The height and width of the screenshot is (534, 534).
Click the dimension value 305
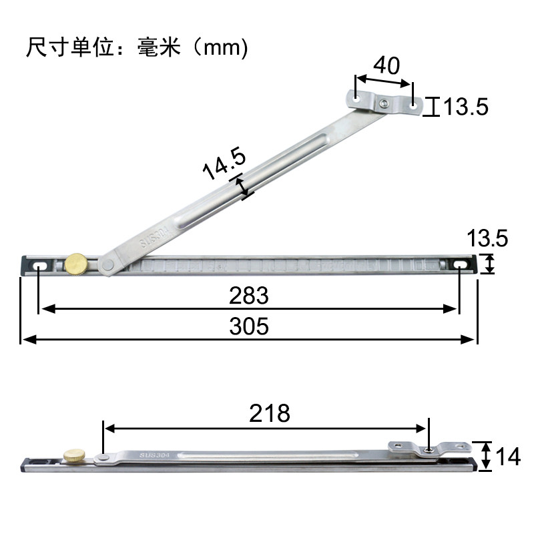pyautogui.click(x=248, y=326)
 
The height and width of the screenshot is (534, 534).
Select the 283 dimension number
pyautogui.click(x=248, y=295)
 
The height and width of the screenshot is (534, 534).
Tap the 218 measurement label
pyautogui.click(x=270, y=413)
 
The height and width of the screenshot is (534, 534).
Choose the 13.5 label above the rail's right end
pyautogui.click(x=487, y=238)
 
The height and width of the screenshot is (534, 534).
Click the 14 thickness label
pyautogui.click(x=508, y=457)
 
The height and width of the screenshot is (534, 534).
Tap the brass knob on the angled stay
pyautogui.click(x=76, y=264)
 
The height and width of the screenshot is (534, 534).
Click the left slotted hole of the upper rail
pyautogui.click(x=40, y=267)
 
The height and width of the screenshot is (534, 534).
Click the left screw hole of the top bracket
pyautogui.click(x=356, y=98)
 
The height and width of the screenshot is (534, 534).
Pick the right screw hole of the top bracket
pyautogui.click(x=415, y=105)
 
